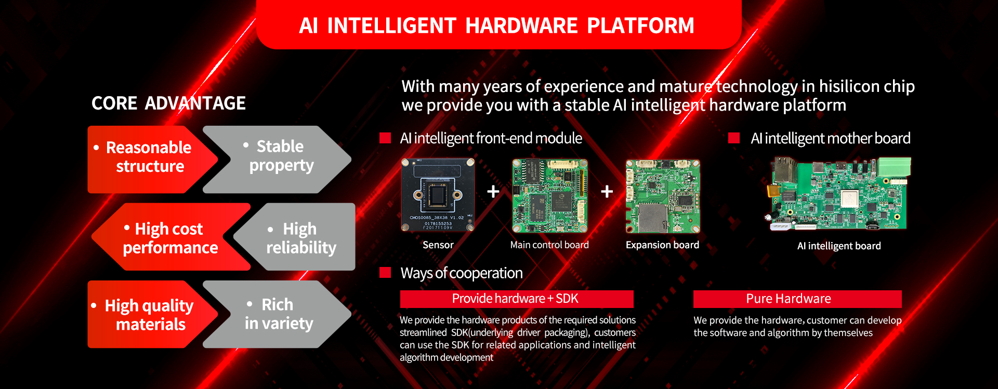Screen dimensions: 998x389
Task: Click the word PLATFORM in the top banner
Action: [x=640, y=25]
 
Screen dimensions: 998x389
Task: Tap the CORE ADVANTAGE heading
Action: [x=168, y=103]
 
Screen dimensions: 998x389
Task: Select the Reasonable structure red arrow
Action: [x=152, y=159]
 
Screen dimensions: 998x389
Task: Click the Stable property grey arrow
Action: [x=277, y=159]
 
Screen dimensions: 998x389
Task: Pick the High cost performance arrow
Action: [x=170, y=237]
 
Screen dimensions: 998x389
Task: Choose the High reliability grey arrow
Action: [x=295, y=237]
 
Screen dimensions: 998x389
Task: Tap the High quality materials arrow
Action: [x=152, y=314]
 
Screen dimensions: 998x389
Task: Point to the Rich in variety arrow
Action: [x=277, y=314]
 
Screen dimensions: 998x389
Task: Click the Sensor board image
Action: [x=438, y=195]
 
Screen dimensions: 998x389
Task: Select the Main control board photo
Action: [x=550, y=196]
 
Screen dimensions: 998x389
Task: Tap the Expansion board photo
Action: [x=663, y=196]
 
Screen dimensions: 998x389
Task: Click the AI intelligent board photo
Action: [x=839, y=194]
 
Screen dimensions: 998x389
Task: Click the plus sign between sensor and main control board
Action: [x=493, y=192]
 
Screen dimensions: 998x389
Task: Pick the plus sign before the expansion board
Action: [x=607, y=192]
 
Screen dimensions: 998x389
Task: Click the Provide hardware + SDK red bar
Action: [x=517, y=299]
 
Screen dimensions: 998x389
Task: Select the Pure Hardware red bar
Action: [x=797, y=299]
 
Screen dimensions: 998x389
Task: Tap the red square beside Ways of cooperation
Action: [x=385, y=273]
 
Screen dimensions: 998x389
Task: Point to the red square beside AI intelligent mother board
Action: [x=734, y=138]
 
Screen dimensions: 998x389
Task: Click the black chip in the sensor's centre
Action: [x=438, y=195]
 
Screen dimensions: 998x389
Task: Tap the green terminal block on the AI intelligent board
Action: [x=895, y=167]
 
